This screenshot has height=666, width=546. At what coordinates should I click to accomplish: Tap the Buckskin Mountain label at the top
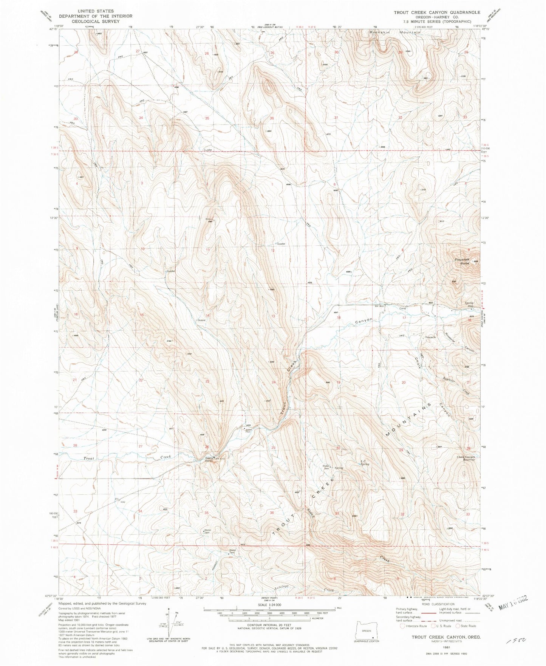pyautogui.click(x=394, y=33)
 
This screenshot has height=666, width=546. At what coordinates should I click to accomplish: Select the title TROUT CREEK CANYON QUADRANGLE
pyautogui.click(x=437, y=12)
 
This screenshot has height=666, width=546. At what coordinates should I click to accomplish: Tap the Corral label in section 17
pyautogui.click(x=403, y=308)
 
